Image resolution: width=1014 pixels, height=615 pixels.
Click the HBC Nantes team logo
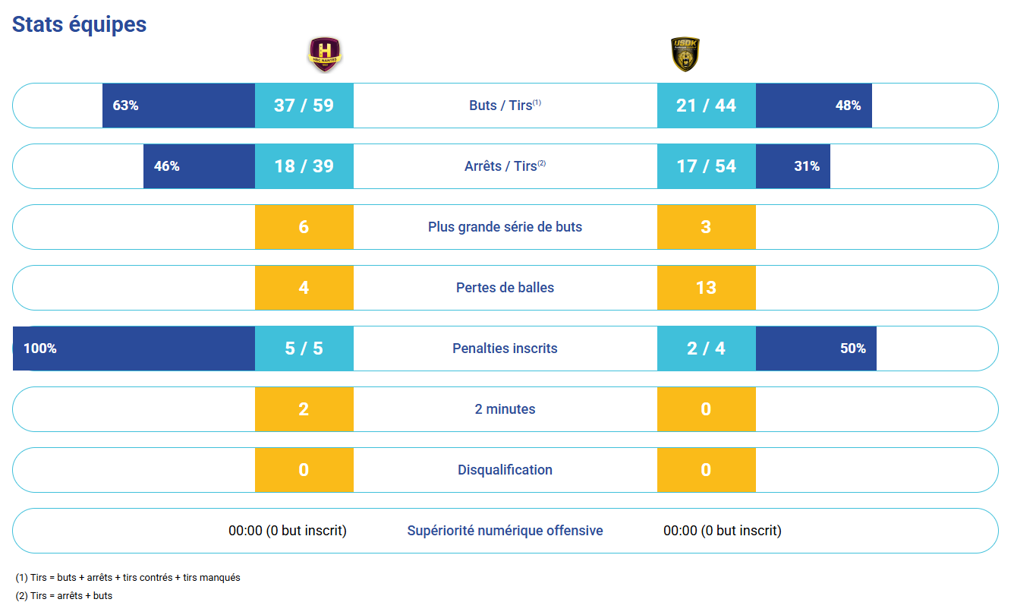click(x=325, y=55)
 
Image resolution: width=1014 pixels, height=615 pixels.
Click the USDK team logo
click(x=685, y=55)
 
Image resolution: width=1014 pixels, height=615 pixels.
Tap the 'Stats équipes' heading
click(x=79, y=24)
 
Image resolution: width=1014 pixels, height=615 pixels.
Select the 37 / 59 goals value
click(x=304, y=106)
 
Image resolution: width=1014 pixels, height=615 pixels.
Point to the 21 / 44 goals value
click(x=706, y=106)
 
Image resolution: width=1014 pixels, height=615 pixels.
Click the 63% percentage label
click(x=125, y=106)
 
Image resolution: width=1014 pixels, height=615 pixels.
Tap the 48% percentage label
click(x=848, y=106)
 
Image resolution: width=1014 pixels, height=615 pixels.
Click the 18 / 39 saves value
click(x=304, y=166)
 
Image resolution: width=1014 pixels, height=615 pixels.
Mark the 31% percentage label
click(x=807, y=166)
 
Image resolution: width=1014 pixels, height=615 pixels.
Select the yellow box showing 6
click(x=304, y=227)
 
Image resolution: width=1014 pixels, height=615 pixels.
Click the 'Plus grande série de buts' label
click(x=505, y=227)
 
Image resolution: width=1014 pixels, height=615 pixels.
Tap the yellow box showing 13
click(x=706, y=288)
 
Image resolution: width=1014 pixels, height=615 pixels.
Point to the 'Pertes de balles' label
click(x=505, y=288)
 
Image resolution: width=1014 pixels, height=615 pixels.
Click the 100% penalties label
click(x=40, y=348)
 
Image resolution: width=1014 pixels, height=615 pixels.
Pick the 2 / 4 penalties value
click(x=706, y=348)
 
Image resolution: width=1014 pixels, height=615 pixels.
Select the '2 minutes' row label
click(x=505, y=409)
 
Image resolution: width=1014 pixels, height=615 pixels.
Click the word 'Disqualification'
click(x=505, y=470)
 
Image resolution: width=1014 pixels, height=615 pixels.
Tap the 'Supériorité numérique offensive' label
click(x=505, y=531)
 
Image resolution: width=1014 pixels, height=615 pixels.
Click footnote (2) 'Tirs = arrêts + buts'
click(x=64, y=596)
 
